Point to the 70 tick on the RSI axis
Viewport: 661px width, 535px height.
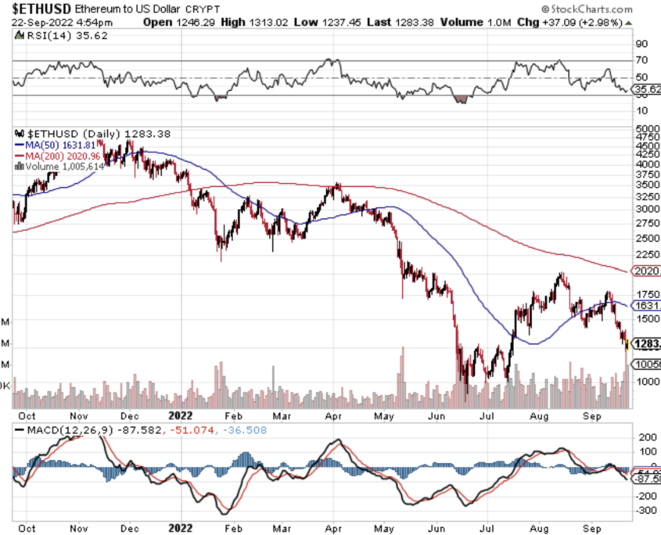pos(641,60)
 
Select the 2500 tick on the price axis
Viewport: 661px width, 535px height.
pos(645,238)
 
